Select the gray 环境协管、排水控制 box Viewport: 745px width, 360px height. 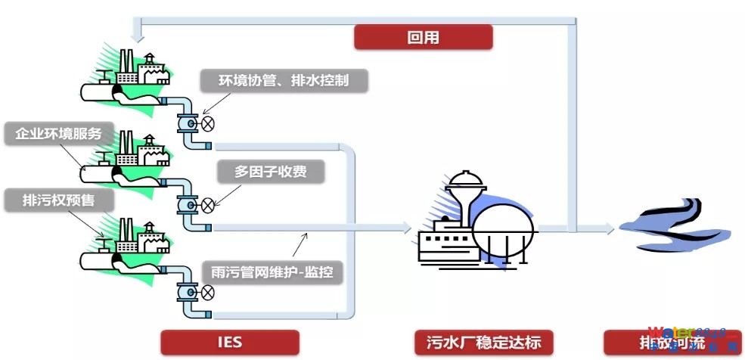(284, 80)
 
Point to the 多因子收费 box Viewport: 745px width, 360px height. (271, 172)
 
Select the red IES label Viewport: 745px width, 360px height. (229, 342)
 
